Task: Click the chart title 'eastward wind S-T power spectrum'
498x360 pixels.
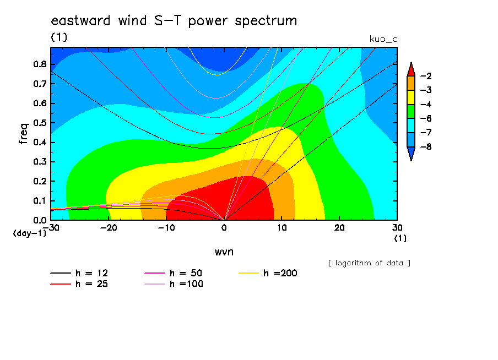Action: point(174,21)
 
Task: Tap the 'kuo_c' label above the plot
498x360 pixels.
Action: point(383,39)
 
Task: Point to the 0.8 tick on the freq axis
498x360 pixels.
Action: point(40,64)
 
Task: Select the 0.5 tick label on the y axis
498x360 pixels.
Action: point(40,123)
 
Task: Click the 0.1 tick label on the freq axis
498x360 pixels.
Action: point(40,201)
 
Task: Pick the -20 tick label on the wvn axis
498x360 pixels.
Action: point(109,228)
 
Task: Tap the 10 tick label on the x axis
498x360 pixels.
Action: point(282,228)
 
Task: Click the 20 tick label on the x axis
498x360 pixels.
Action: point(339,228)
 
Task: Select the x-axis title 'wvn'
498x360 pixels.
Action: point(224,252)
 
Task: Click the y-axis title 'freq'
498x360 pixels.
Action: point(24,134)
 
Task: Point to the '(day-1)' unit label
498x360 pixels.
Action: point(30,233)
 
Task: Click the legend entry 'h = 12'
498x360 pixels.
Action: point(79,273)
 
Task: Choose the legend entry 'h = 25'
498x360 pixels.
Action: point(79,284)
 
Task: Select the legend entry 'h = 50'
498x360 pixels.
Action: point(174,273)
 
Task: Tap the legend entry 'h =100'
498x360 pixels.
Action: point(174,284)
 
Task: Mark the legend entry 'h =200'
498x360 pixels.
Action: point(268,273)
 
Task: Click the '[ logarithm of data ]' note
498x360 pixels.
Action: point(370,263)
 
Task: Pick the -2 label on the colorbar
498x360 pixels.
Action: point(426,76)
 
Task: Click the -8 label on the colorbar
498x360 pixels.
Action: point(426,146)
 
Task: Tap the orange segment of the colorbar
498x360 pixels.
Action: point(411,83)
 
